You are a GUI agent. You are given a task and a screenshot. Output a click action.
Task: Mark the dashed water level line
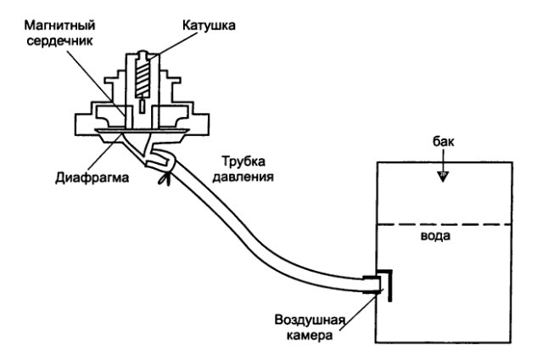click(442, 224)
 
